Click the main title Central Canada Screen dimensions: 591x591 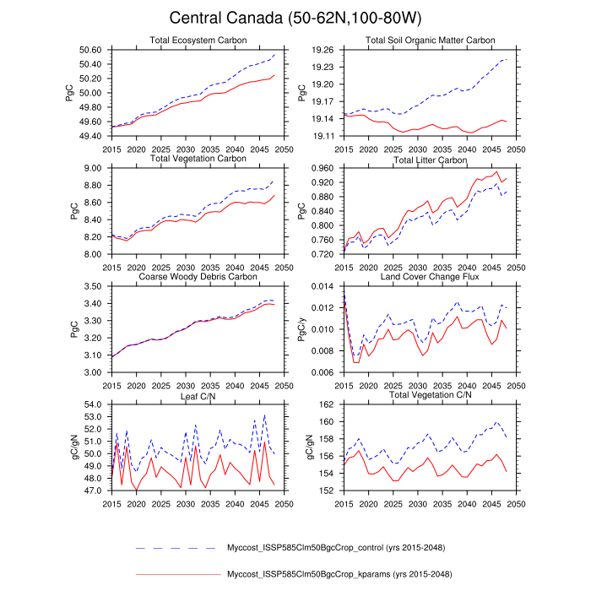coord(295,18)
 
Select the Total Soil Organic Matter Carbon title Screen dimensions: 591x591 coord(430,41)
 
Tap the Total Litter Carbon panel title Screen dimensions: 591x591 coord(430,160)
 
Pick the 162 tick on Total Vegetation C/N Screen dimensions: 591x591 coord(328,404)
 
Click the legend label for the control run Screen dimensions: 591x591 coord(346,548)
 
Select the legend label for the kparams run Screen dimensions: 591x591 coord(346,575)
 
